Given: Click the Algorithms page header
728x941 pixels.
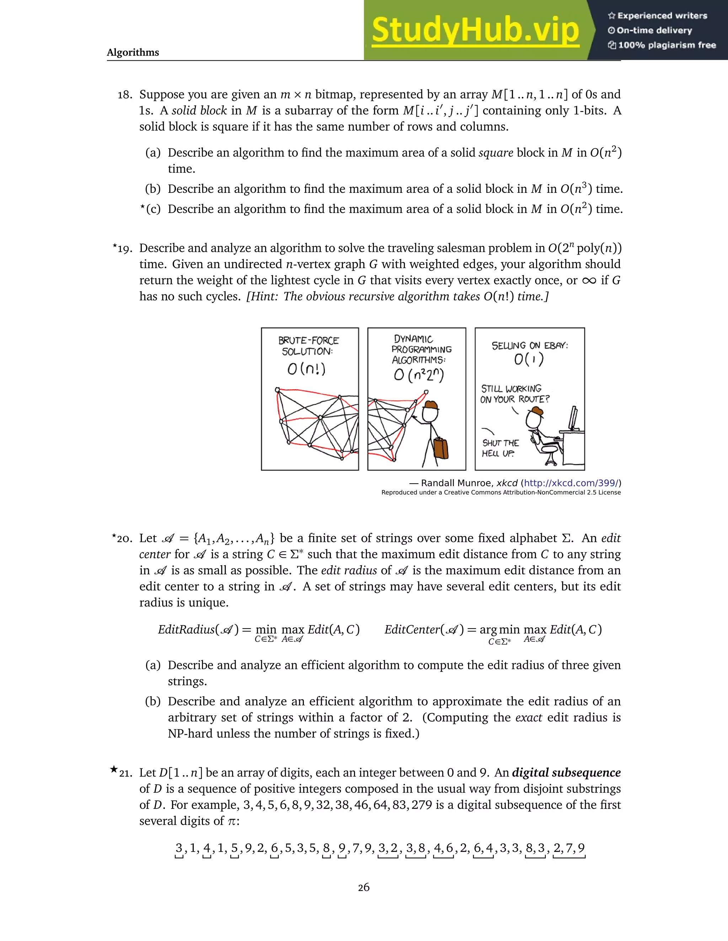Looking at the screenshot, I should click(x=133, y=53).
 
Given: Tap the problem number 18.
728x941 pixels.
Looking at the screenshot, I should click(x=125, y=95).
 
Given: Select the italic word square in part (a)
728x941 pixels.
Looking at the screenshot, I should click(x=496, y=153).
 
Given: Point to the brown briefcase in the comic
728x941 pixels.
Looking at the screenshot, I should click(x=440, y=448).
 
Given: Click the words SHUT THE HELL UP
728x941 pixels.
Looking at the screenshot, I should click(x=500, y=448).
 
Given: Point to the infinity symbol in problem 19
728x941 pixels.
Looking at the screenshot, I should click(x=589, y=281).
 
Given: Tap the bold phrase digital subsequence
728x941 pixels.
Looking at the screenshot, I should click(x=566, y=773).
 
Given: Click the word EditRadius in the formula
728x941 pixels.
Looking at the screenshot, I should click(x=186, y=630).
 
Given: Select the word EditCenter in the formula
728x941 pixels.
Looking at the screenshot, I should click(x=412, y=630).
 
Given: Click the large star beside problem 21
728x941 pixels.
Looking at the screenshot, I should click(x=114, y=769).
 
